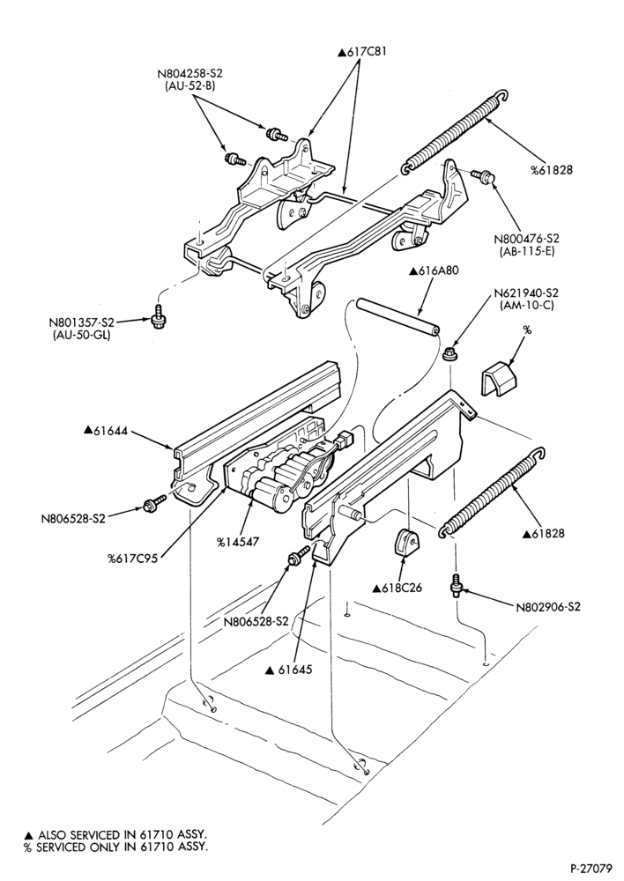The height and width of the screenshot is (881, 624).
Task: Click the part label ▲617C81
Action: [x=362, y=52]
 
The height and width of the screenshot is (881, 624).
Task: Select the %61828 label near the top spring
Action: [x=552, y=169]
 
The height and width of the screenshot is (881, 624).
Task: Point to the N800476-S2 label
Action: [x=526, y=239]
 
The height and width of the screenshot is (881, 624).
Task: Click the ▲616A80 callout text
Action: [x=434, y=270]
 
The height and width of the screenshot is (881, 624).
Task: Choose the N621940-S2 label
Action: [x=526, y=293]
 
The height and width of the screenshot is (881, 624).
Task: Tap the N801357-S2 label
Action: [x=81, y=323]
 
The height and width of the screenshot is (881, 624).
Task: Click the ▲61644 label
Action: [x=106, y=431]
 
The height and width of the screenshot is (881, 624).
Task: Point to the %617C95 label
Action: [x=133, y=559]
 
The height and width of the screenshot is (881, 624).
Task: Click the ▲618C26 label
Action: [x=397, y=589]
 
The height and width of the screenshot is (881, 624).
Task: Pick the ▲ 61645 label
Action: [x=288, y=670]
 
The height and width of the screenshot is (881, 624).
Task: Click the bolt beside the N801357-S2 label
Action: [x=158, y=315]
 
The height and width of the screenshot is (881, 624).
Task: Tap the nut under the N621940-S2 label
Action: [x=449, y=354]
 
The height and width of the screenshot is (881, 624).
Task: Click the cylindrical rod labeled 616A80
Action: [x=397, y=318]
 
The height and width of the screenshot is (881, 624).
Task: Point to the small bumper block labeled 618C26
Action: [x=406, y=541]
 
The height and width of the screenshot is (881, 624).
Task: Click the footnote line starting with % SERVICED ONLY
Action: [x=115, y=847]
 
